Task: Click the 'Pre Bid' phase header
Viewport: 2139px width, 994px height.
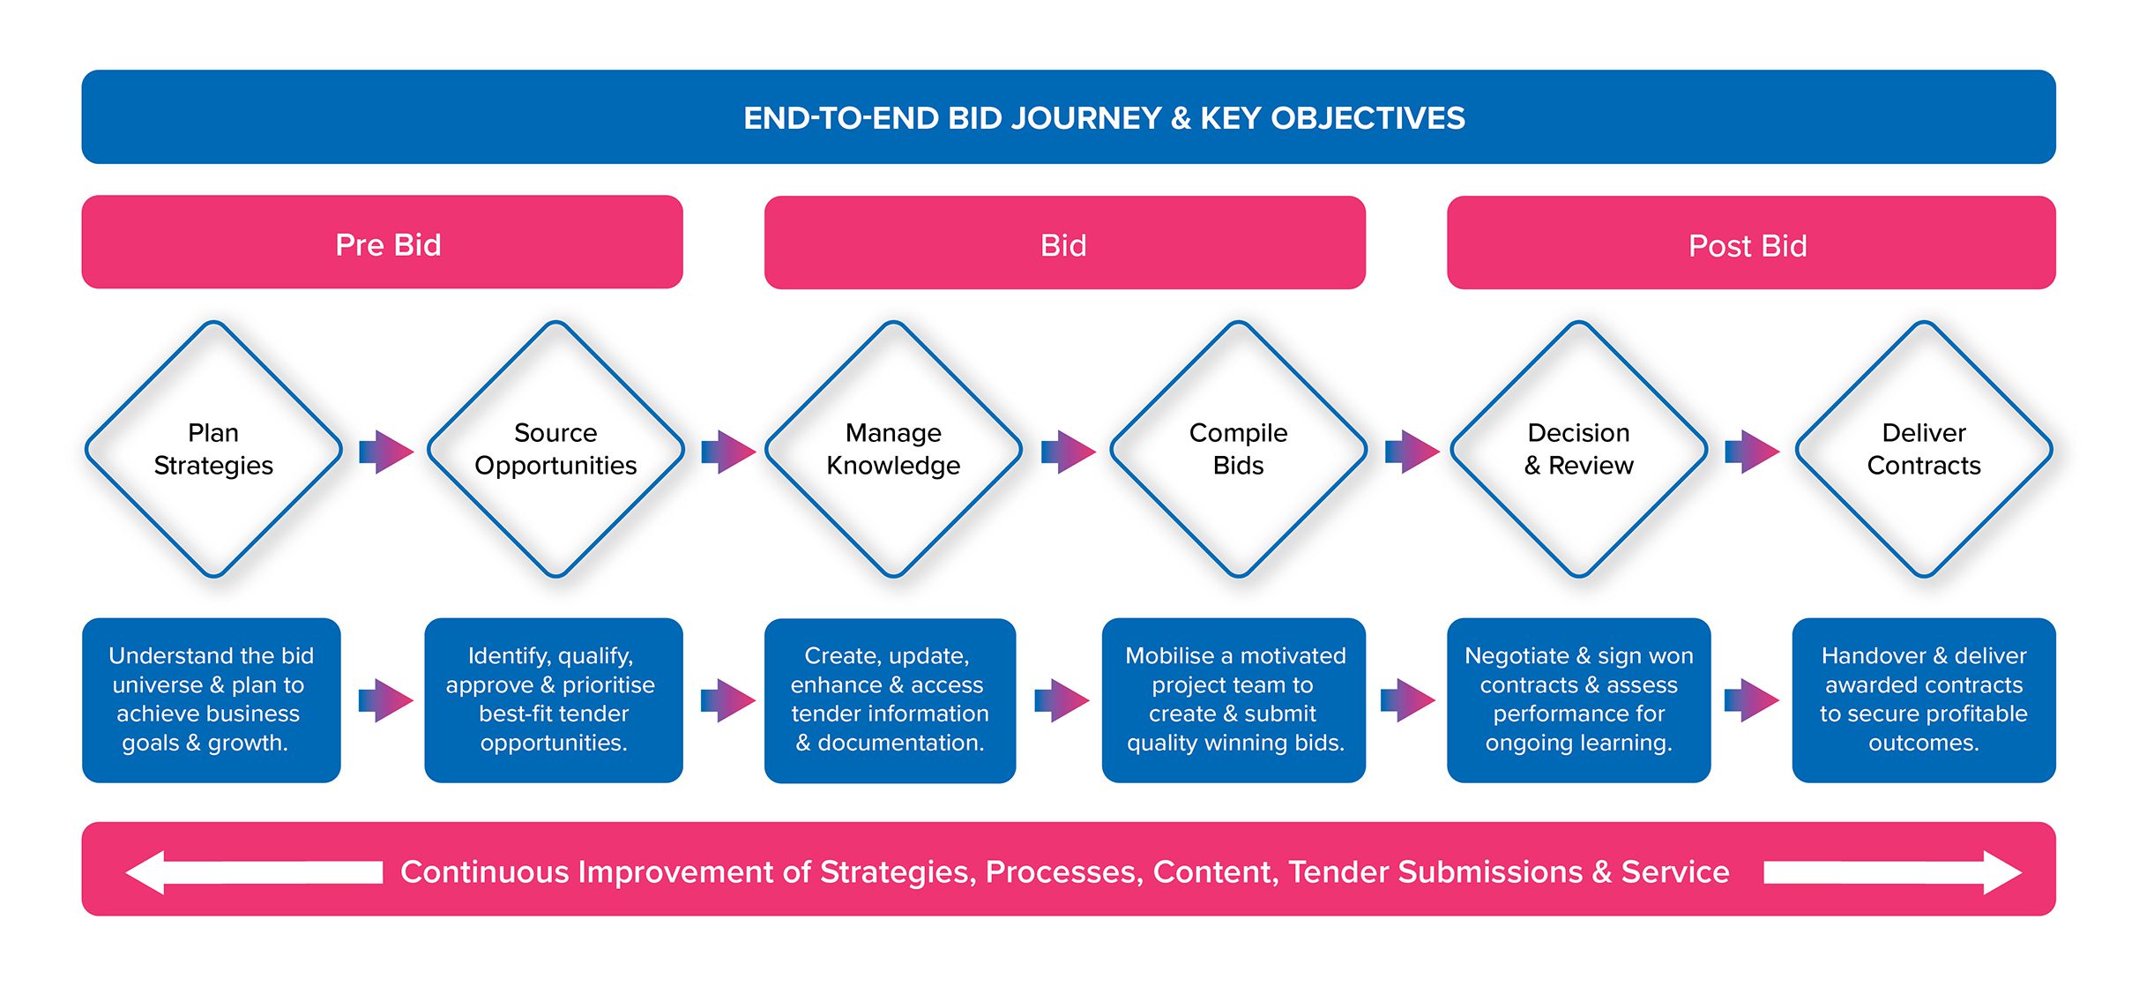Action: click(x=382, y=243)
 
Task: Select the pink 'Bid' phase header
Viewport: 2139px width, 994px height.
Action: click(x=1064, y=243)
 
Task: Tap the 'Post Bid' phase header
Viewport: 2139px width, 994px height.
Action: click(x=1751, y=243)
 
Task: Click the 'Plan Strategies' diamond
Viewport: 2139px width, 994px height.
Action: click(x=213, y=449)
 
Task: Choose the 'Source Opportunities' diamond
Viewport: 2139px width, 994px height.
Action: click(x=555, y=449)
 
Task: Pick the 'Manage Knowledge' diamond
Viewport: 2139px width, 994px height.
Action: click(x=893, y=449)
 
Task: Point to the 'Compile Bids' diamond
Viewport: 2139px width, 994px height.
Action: click(x=1238, y=449)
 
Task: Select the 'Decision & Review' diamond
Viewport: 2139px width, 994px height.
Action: click(x=1579, y=449)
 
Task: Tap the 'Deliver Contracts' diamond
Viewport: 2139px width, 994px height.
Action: click(x=1924, y=449)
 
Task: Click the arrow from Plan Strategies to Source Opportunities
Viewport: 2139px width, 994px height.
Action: click(x=386, y=452)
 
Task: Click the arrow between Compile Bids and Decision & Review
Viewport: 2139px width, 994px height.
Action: click(x=1412, y=452)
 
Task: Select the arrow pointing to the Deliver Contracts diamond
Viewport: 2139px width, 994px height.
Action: click(x=1752, y=452)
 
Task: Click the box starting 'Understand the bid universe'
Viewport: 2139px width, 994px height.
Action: click(x=212, y=700)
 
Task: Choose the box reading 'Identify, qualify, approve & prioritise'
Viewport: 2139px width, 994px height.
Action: click(x=554, y=700)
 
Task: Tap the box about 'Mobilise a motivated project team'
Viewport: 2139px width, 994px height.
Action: click(x=1233, y=700)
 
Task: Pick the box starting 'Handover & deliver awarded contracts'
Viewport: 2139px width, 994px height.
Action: click(x=1924, y=700)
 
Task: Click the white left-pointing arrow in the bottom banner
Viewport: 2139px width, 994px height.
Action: click(x=255, y=872)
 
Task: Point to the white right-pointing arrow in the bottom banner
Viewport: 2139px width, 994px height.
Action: click(x=1892, y=872)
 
